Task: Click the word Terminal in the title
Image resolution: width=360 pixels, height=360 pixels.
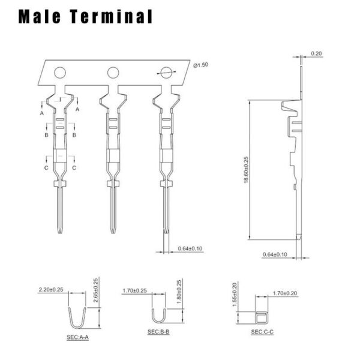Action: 111,16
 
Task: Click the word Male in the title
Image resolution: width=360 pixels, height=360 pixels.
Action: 40,16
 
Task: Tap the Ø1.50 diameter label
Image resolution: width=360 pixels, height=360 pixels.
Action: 200,65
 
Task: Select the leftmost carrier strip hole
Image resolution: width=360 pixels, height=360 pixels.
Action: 60,73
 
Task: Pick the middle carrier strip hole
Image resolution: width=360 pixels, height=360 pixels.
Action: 113,73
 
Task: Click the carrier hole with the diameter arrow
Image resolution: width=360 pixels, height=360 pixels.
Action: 166,73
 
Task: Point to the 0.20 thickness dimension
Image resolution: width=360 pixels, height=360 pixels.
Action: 316,53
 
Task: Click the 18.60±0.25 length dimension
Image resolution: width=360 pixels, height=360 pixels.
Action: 246,170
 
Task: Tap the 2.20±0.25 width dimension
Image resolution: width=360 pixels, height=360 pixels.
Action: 51,290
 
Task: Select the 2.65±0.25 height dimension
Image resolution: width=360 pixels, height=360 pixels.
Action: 96,290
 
